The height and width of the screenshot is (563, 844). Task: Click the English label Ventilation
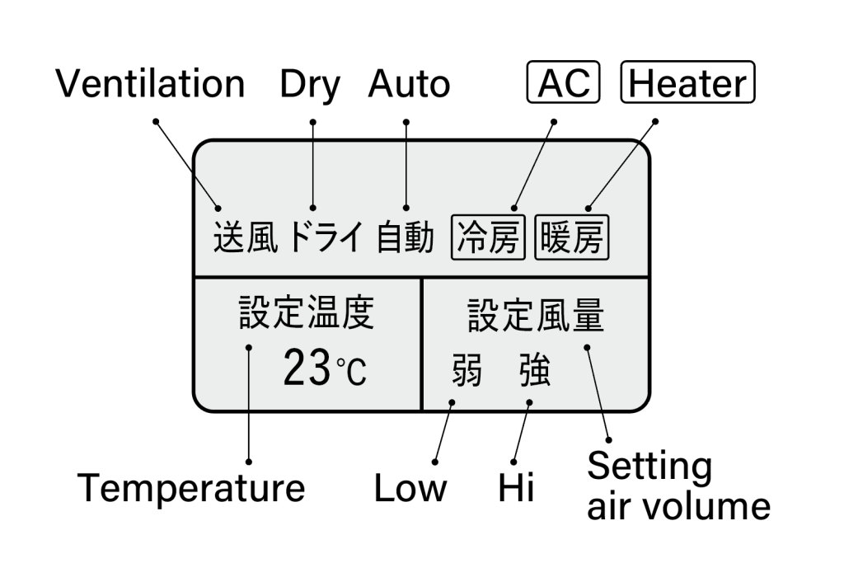click(x=150, y=84)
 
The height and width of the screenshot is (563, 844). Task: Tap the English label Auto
click(x=409, y=84)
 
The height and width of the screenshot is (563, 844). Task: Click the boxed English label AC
click(x=563, y=83)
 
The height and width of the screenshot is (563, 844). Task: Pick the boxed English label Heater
click(x=687, y=83)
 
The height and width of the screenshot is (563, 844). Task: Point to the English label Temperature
click(x=191, y=489)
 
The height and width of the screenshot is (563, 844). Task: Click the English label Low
click(x=410, y=488)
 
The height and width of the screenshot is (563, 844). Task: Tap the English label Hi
click(x=516, y=488)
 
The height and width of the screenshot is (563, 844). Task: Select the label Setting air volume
click(x=678, y=486)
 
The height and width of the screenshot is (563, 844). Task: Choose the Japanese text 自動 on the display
click(x=405, y=239)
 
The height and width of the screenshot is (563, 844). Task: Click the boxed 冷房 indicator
click(x=488, y=239)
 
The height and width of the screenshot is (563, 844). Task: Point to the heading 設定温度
click(x=307, y=314)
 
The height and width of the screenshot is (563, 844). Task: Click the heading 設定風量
click(x=536, y=316)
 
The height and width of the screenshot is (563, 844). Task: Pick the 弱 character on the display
click(x=467, y=373)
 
